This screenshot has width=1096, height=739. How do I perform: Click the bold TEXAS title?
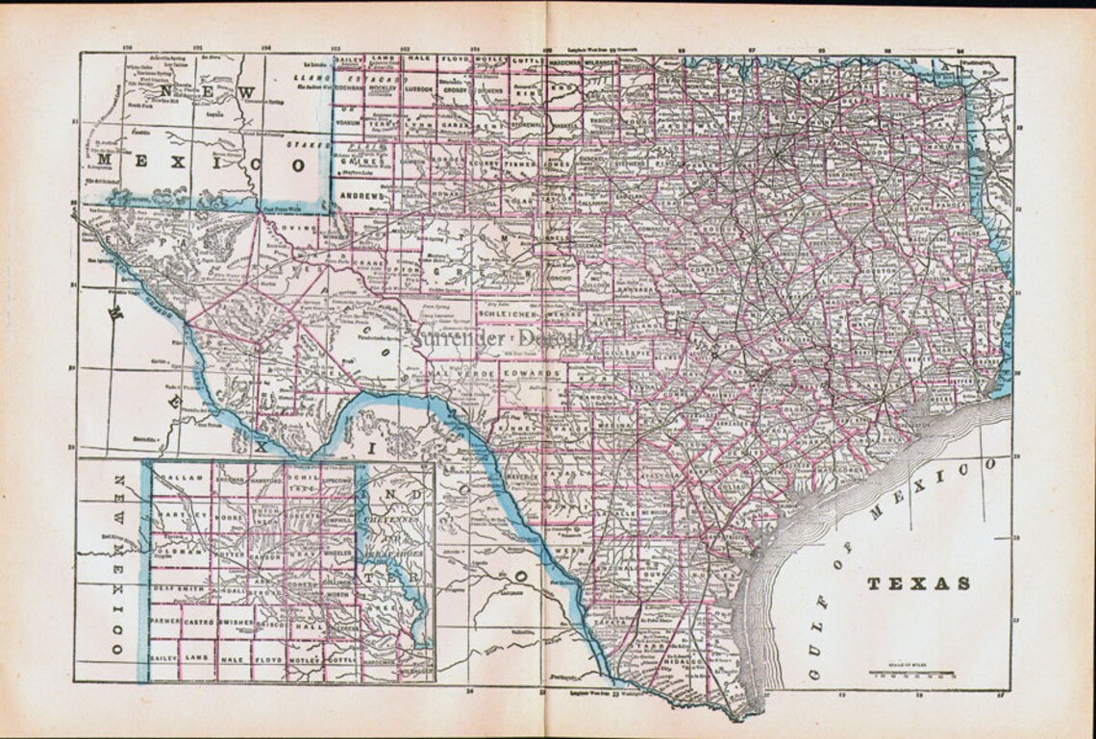(x=919, y=583)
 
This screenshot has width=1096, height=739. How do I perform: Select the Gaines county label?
(x=357, y=163)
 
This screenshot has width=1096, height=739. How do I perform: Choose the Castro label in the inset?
(x=200, y=623)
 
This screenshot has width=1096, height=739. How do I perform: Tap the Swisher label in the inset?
(x=237, y=623)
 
